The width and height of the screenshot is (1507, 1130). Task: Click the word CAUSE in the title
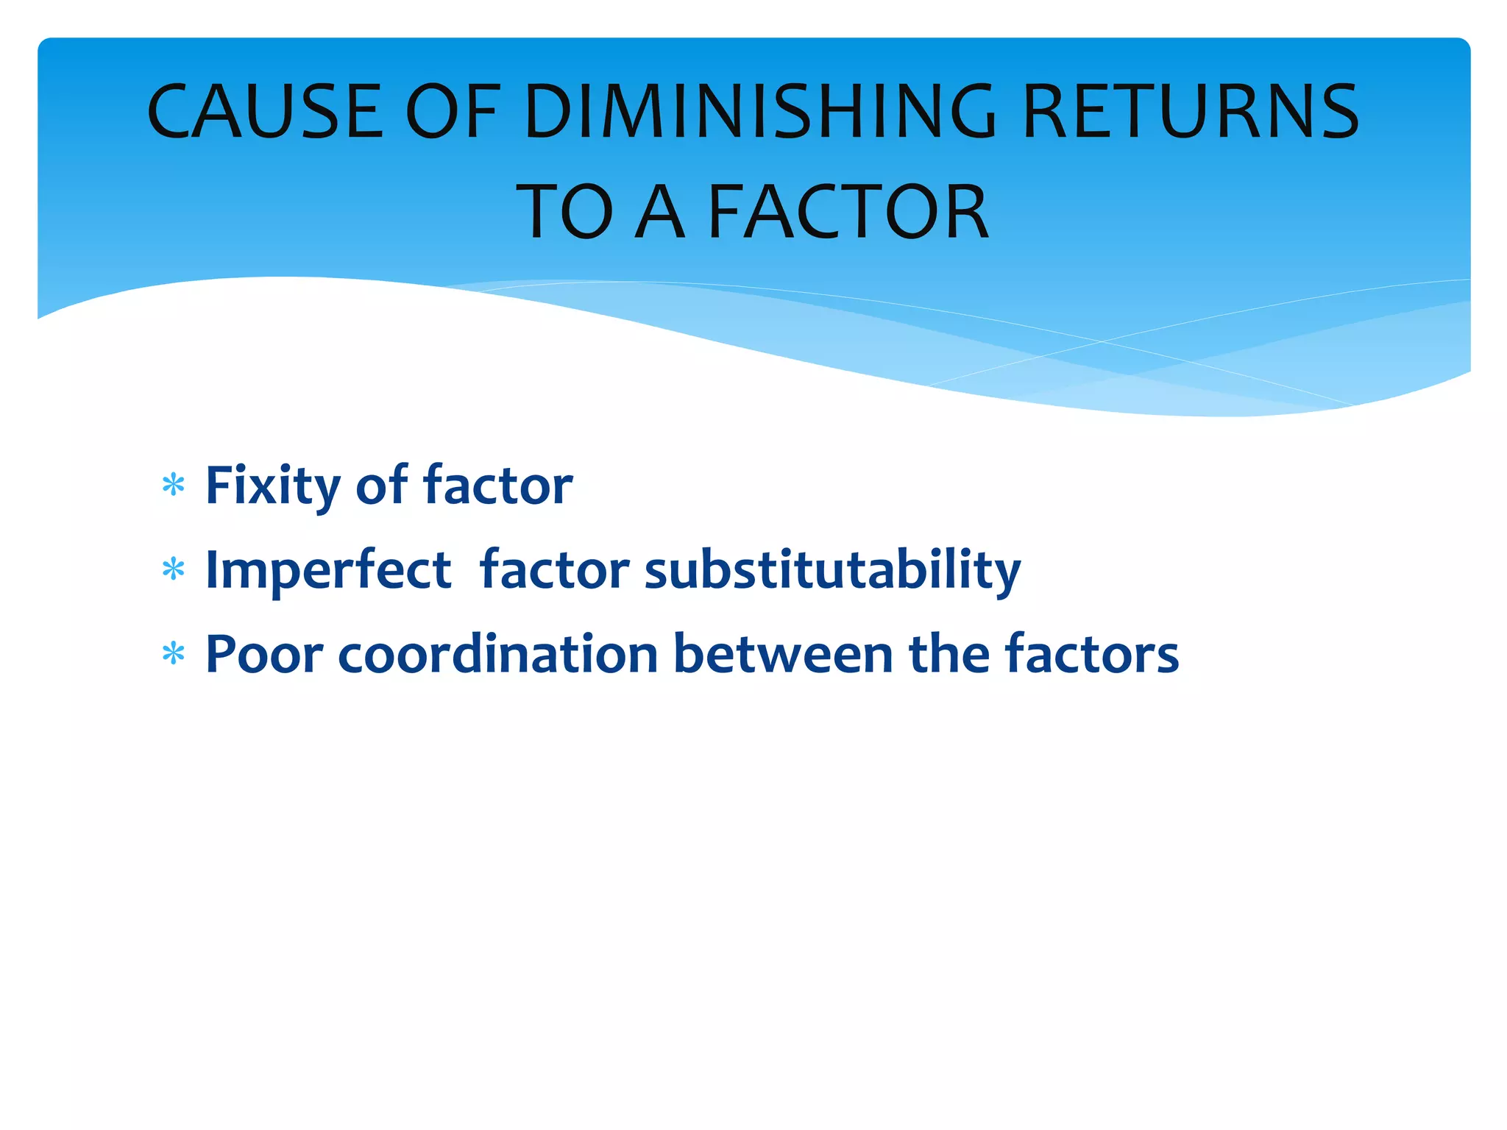click(265, 112)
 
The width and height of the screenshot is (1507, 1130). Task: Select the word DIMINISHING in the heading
click(759, 112)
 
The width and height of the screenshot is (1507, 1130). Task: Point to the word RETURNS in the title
click(1191, 112)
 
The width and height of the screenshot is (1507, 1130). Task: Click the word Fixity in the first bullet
click(273, 487)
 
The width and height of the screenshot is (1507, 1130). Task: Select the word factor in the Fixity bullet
click(497, 487)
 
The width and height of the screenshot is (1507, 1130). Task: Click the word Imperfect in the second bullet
click(328, 571)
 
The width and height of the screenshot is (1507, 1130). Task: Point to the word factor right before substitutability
click(554, 571)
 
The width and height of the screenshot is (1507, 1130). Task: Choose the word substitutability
click(832, 571)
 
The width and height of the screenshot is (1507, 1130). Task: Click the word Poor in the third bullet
click(264, 654)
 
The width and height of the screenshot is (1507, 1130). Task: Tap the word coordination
click(497, 654)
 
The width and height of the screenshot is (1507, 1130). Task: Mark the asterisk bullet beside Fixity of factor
click(173, 486)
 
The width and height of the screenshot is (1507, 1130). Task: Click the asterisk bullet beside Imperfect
click(173, 570)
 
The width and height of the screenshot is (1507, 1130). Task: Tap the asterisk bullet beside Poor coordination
click(173, 653)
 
